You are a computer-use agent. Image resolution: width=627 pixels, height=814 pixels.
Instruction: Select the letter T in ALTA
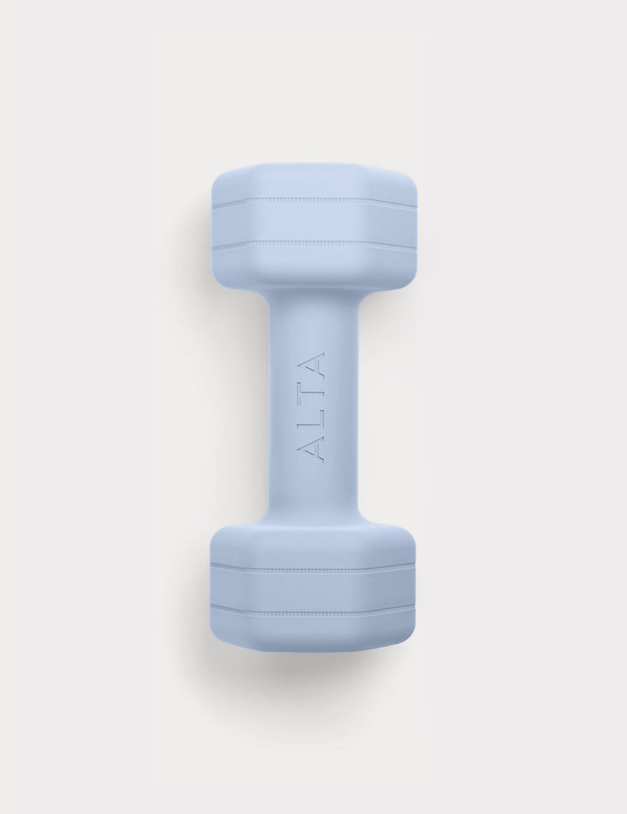pos(314,394)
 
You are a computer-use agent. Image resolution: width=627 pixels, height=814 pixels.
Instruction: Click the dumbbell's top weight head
pos(314,227)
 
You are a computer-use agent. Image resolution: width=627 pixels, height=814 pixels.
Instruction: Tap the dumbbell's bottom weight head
pos(312,586)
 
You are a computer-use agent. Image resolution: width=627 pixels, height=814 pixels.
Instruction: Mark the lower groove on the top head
pos(314,245)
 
